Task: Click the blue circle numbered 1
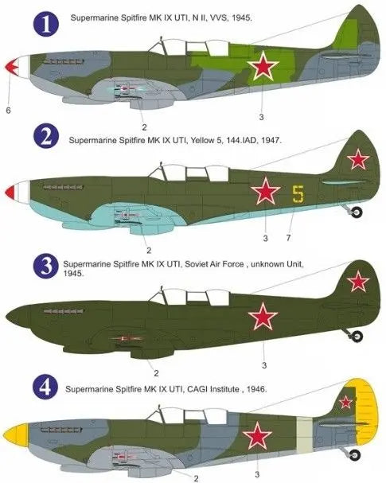pyautogui.click(x=46, y=24)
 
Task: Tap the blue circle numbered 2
pyautogui.click(x=46, y=136)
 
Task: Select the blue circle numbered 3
pyautogui.click(x=46, y=267)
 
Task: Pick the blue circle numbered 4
pyautogui.click(x=45, y=388)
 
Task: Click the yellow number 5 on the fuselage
pyautogui.click(x=298, y=194)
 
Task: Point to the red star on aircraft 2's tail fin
pyautogui.click(x=358, y=159)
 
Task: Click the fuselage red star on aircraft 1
pyautogui.click(x=263, y=66)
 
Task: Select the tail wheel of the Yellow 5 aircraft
pyautogui.click(x=357, y=212)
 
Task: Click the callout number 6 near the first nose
pyautogui.click(x=8, y=110)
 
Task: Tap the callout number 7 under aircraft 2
pyautogui.click(x=288, y=238)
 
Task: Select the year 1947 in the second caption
pyautogui.click(x=270, y=141)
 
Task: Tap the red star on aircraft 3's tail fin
pyautogui.click(x=358, y=281)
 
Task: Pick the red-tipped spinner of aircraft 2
pyautogui.click(x=18, y=193)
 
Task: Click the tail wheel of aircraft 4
pyautogui.click(x=355, y=454)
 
